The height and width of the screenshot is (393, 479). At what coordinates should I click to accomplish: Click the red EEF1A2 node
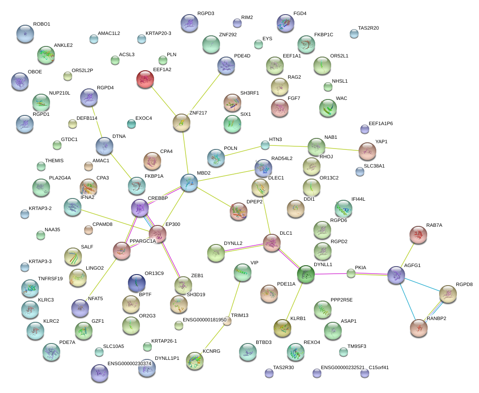pos(146,80)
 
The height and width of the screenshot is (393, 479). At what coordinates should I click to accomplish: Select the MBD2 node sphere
pos(189,183)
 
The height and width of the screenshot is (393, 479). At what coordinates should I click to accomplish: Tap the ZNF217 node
pos(181,122)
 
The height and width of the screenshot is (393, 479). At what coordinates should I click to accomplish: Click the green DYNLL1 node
pos(305,275)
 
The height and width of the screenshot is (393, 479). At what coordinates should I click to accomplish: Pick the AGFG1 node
pos(396,275)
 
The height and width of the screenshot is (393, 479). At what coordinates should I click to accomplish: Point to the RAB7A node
pos(418,235)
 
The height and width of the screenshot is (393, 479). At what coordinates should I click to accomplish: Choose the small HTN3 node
pos(265,145)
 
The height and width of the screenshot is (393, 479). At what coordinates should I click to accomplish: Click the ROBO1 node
pos(25,34)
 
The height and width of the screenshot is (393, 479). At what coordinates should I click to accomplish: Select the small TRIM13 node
pos(227,321)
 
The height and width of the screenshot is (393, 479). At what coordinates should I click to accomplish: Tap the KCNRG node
pos(195,361)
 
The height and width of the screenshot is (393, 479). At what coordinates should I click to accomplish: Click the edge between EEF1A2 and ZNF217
pos(163,101)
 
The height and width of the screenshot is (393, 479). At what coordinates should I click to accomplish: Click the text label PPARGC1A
pos(143,241)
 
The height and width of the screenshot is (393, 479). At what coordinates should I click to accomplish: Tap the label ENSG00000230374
pos(129,363)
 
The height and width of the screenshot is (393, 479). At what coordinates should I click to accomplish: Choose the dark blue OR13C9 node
pos(137,283)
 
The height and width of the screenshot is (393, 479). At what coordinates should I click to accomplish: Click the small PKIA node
pos(351,273)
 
